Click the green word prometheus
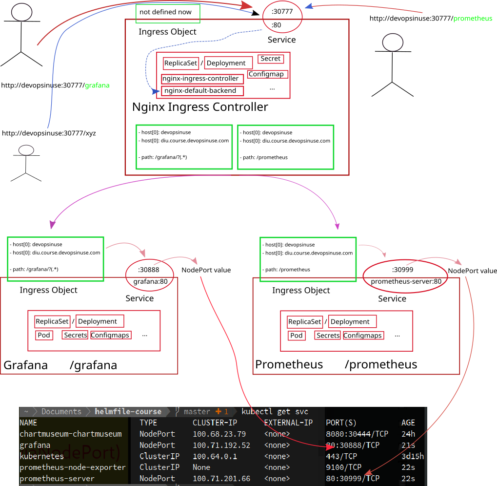473,19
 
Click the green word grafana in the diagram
97,85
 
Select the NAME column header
28,423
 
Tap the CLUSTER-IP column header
215,423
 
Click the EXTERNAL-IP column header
288,423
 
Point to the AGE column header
408,423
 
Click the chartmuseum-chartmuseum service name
71,434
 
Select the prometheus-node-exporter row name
73,467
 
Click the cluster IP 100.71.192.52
221,445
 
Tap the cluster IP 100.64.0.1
215,456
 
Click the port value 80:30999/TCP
353,479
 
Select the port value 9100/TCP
344,467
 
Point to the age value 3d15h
413,456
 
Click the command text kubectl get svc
275,412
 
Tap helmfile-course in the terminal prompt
128,412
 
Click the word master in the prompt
197,412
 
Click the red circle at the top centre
282,17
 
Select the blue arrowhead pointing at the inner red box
156,91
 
